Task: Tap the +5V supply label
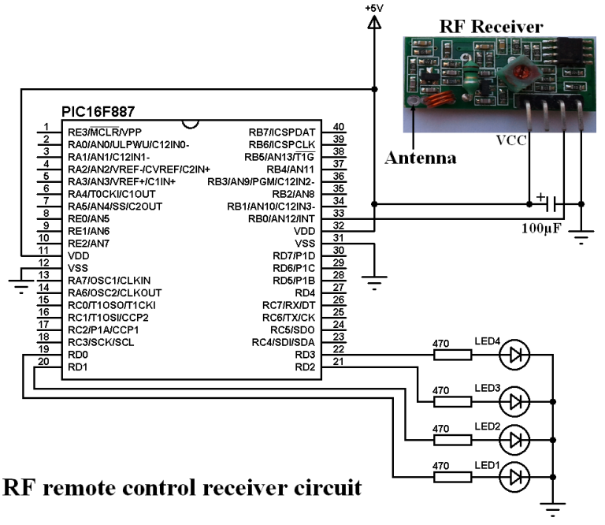click(375, 7)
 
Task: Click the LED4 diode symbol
click(516, 356)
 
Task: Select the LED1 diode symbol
click(516, 476)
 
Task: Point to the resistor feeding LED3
click(454, 401)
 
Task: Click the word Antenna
click(421, 158)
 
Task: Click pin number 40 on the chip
click(339, 127)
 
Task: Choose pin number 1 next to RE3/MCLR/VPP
click(46, 127)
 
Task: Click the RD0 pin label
click(77, 355)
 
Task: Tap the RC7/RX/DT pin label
click(288, 305)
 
